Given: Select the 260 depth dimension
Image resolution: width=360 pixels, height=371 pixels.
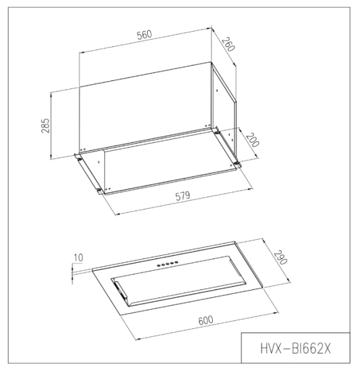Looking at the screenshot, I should (229, 45).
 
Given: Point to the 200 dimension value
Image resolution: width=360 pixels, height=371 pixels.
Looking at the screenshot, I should (250, 142).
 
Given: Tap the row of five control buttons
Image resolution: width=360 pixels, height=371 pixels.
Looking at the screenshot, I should (168, 265).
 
